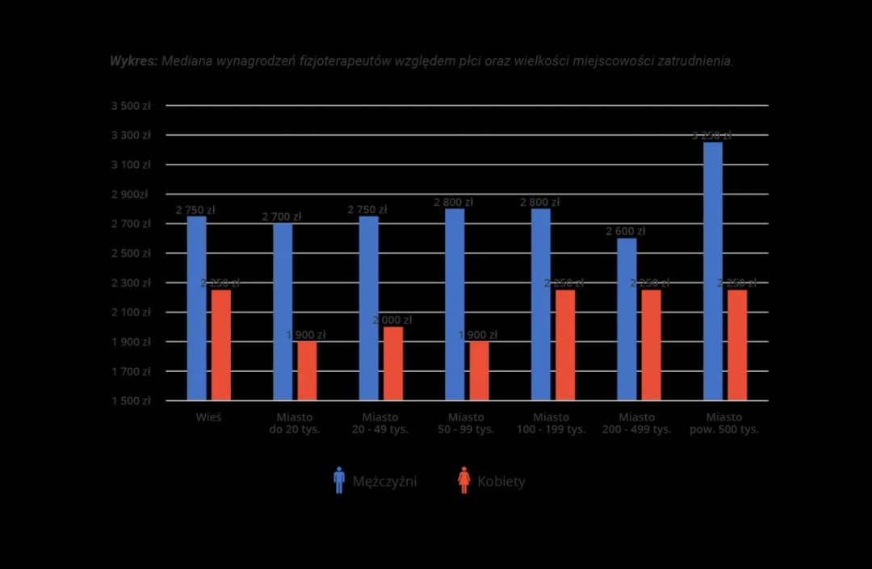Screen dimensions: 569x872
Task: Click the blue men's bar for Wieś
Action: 196,308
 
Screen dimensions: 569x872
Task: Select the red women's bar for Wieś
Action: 221,345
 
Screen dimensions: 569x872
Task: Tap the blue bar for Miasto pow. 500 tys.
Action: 713,271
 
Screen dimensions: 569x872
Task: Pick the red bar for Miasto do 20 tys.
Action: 307,370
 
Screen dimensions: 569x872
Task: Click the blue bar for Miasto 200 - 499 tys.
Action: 627,319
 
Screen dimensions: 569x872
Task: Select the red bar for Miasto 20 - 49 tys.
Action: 393,363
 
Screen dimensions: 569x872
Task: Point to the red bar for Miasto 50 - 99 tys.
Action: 479,370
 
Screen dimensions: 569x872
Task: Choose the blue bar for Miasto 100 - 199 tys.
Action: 541,304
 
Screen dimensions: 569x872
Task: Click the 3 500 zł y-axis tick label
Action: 131,106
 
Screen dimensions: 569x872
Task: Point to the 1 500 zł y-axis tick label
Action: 131,401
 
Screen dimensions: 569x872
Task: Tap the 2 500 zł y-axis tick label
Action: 131,253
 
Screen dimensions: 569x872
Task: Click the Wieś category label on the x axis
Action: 208,417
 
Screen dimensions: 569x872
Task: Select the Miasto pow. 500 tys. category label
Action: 723,424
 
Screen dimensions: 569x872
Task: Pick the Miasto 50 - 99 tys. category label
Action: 466,424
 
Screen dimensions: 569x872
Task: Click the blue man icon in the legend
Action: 339,480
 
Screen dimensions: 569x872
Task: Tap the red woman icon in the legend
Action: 463,480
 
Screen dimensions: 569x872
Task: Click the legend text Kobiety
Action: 501,482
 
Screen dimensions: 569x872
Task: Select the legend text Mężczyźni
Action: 384,482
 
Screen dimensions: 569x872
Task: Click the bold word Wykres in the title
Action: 133,61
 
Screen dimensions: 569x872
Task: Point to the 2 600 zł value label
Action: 626,232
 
